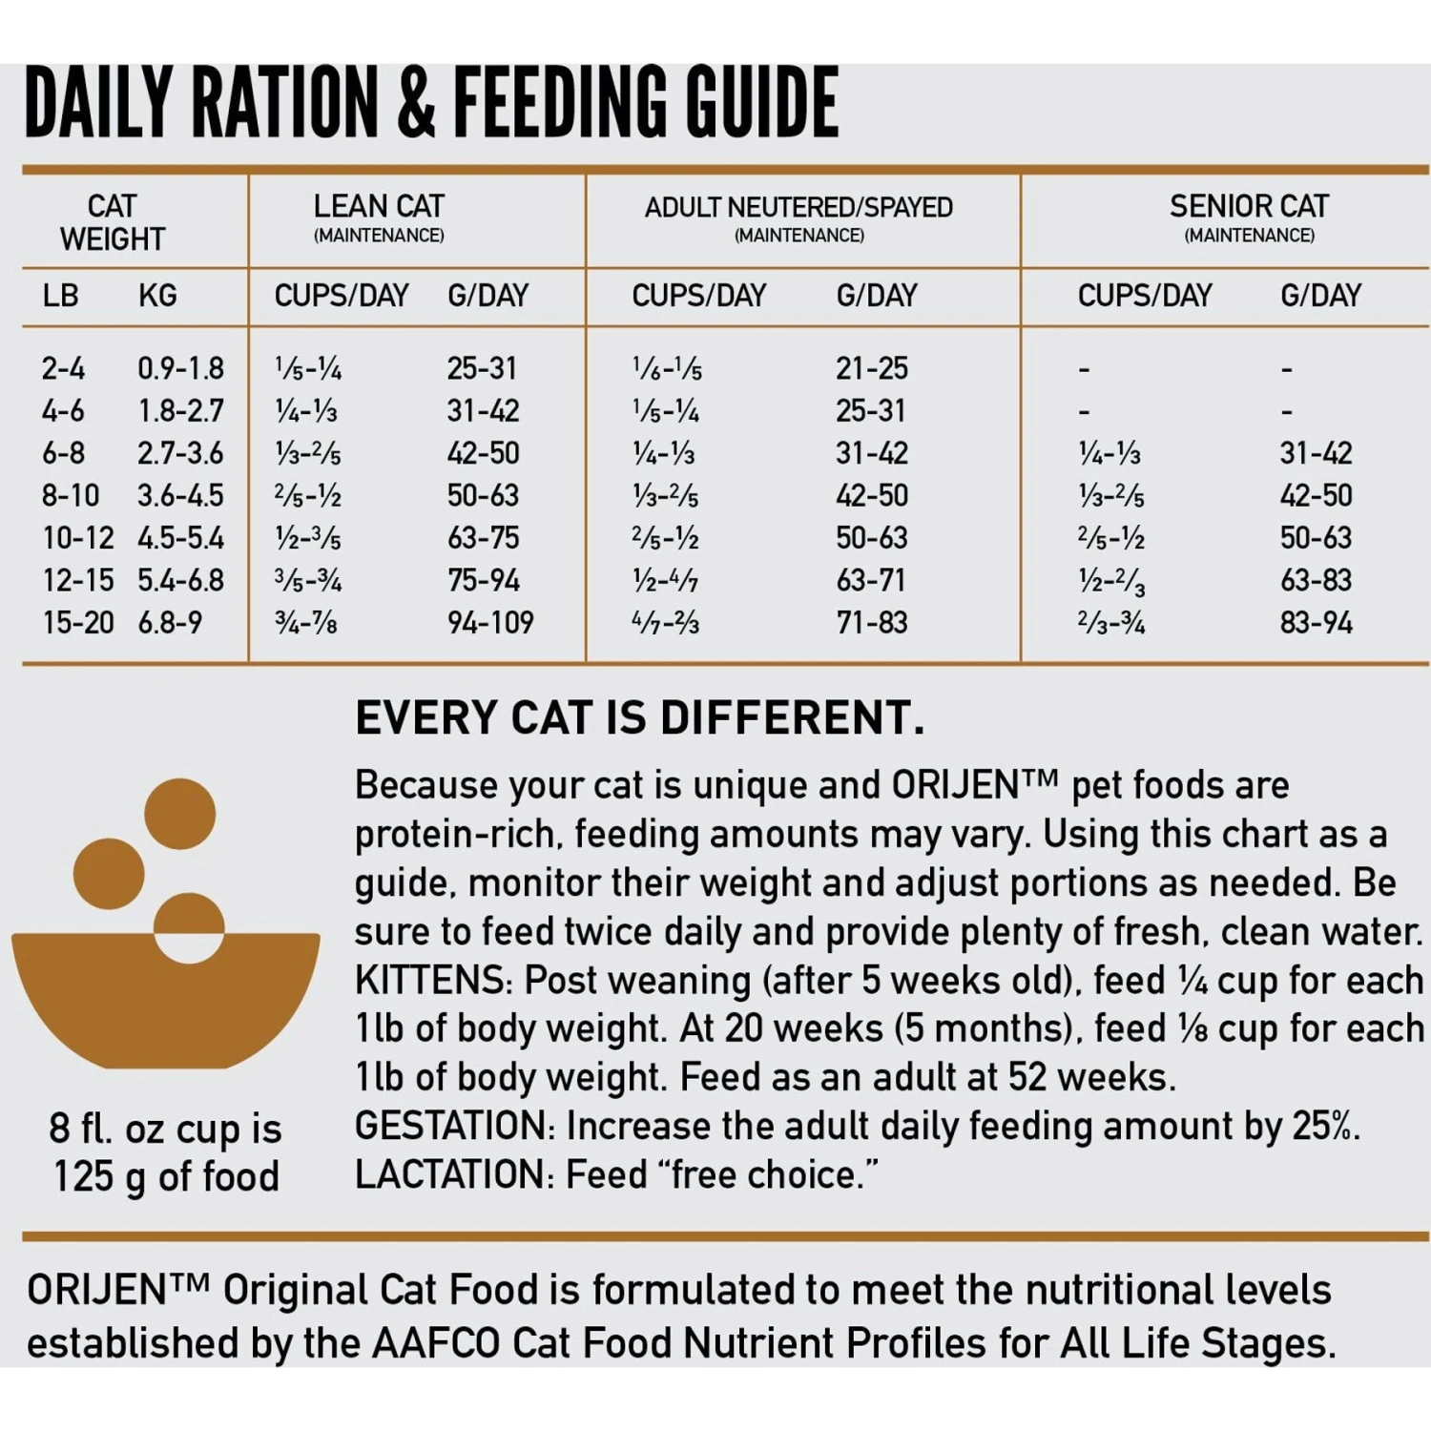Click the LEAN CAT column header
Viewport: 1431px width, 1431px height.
pyautogui.click(x=379, y=207)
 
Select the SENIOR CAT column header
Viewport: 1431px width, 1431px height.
pyautogui.click(x=1249, y=207)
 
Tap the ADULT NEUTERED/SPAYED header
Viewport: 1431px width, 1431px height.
pyautogui.click(x=798, y=208)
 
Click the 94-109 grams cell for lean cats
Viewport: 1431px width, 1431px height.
pyautogui.click(x=490, y=623)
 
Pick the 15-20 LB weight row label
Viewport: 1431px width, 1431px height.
pyautogui.click(x=77, y=623)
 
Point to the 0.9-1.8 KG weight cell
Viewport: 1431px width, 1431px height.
pyautogui.click(x=180, y=368)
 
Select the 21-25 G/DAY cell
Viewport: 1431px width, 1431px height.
pyautogui.click(x=872, y=368)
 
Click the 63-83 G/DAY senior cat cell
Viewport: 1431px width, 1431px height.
pyautogui.click(x=1316, y=580)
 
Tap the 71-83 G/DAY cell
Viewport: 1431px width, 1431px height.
pyautogui.click(x=872, y=623)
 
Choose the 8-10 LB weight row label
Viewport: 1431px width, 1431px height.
pyautogui.click(x=70, y=496)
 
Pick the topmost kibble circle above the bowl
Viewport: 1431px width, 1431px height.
pyautogui.click(x=179, y=813)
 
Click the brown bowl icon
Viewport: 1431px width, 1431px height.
pyautogui.click(x=165, y=997)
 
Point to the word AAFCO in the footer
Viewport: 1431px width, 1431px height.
pyautogui.click(x=435, y=1343)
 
